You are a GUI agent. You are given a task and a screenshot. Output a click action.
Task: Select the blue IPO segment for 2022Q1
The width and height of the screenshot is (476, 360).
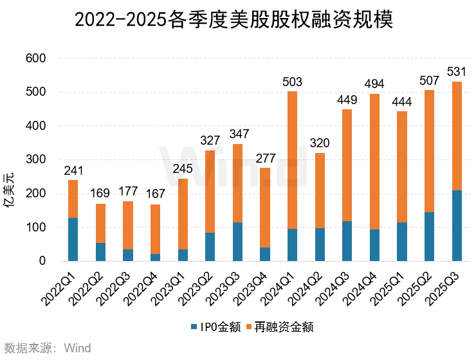click(x=73, y=239)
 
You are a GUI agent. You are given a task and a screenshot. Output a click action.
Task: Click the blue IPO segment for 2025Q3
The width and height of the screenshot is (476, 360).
click(x=457, y=226)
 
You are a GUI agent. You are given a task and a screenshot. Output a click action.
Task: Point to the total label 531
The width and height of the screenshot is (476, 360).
click(x=457, y=69)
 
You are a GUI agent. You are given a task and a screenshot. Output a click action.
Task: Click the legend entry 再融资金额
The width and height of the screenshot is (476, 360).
click(x=284, y=327)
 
